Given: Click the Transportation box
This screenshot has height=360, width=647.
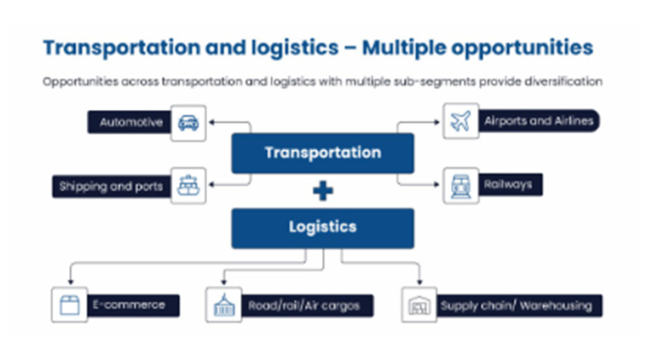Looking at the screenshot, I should (x=322, y=154).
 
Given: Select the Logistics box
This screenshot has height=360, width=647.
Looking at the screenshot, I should (x=322, y=228).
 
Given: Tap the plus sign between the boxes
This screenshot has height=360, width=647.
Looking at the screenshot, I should (x=322, y=191).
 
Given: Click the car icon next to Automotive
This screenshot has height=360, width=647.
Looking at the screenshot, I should (x=188, y=123).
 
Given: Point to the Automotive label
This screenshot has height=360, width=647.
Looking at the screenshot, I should (x=130, y=123).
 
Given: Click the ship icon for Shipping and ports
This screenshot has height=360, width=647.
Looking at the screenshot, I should (x=188, y=185).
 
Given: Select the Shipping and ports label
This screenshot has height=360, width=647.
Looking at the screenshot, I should (x=110, y=185).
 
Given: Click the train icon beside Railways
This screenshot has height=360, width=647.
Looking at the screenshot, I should (x=460, y=185).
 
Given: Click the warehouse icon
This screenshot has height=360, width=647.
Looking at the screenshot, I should (x=419, y=305).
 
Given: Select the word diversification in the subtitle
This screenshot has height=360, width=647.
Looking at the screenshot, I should (x=562, y=82).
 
